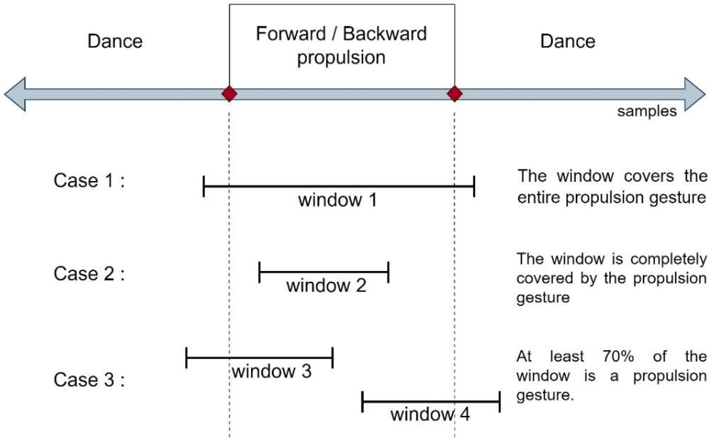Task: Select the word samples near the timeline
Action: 647,112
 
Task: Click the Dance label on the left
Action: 115,41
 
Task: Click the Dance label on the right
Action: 568,41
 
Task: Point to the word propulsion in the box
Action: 341,58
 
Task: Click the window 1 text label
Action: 337,200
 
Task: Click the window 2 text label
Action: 326,285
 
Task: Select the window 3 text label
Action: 272,371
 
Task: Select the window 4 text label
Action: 430,414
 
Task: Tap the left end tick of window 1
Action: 204,186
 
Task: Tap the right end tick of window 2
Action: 389,272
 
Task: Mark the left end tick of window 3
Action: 186,358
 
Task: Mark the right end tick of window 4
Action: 499,402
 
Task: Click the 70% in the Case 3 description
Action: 618,356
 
